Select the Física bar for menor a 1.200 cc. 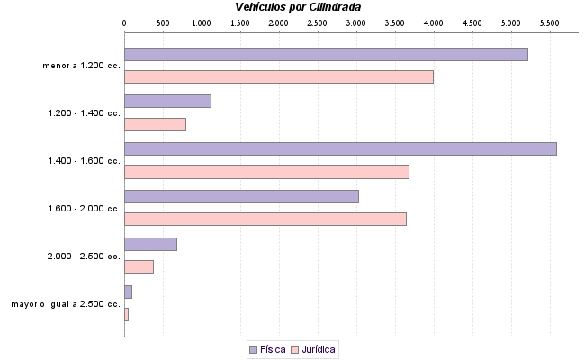pyautogui.click(x=326, y=54)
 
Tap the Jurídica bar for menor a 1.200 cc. pyautogui.click(x=279, y=76)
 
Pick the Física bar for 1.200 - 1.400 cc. pyautogui.click(x=167, y=102)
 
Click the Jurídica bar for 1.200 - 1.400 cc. pyautogui.click(x=155, y=124)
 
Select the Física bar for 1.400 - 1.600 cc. pyautogui.click(x=340, y=148)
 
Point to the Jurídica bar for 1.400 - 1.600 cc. pyautogui.click(x=266, y=172)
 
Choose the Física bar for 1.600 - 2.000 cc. pyautogui.click(x=241, y=196)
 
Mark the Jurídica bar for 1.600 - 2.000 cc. pyautogui.click(x=265, y=219)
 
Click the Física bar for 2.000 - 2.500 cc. pyautogui.click(x=150, y=244)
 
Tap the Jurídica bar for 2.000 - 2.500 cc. pyautogui.click(x=139, y=266)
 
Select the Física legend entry pyautogui.click(x=267, y=348)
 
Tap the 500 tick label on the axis pyautogui.click(x=163, y=21)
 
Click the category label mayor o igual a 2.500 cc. pyautogui.click(x=66, y=304)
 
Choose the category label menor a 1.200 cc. pyautogui.click(x=81, y=66)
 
